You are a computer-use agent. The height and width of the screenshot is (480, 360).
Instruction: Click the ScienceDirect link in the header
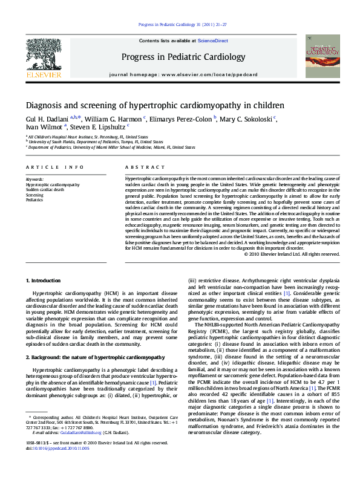pos(213,41)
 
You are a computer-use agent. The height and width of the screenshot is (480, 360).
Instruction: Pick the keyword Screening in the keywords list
pos(34,195)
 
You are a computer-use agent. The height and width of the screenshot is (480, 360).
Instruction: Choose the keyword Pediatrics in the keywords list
pos(34,199)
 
